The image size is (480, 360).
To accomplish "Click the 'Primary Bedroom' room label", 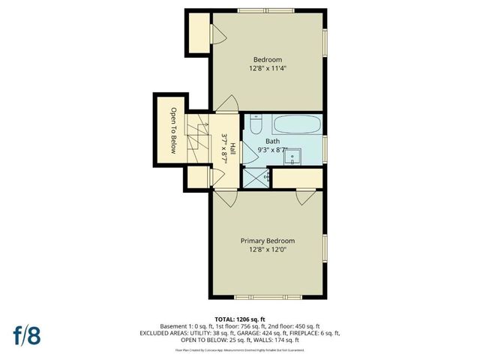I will pos(267,241).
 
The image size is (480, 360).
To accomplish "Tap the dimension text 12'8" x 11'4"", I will pos(267,68).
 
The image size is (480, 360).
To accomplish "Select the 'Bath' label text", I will pos(272,141).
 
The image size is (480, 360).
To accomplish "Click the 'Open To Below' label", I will pos(172,130).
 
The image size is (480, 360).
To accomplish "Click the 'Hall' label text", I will pos(232,148).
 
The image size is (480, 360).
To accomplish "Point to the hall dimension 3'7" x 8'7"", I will pos(224,148).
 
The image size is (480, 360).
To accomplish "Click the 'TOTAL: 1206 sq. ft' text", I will pos(240,319).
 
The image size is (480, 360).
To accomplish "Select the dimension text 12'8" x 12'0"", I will pos(267,250).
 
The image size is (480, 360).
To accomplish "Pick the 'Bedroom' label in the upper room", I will pos(267,59).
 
